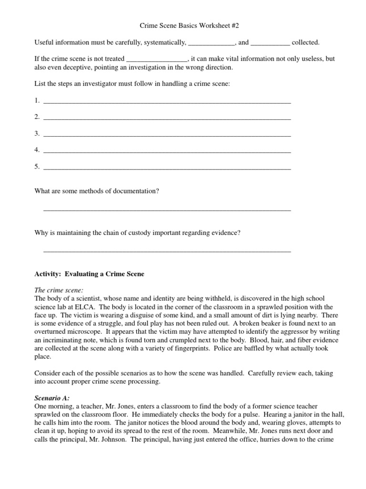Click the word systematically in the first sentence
tap(161, 43)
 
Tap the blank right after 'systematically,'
tap(211, 43)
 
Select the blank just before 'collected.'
tap(270, 43)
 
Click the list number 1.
tap(37, 100)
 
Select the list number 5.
tap(37, 167)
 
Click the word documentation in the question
tap(137, 191)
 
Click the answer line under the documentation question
tap(167, 210)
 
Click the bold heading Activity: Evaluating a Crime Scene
tap(89, 274)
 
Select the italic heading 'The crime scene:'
tap(59, 290)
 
